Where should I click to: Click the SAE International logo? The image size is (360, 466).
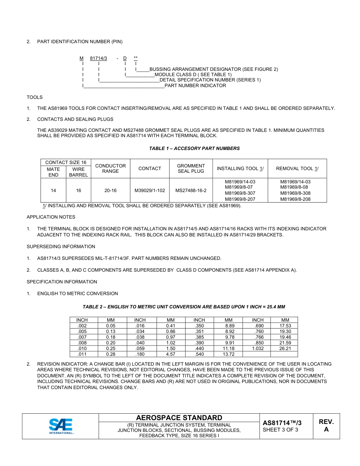coord(61,426)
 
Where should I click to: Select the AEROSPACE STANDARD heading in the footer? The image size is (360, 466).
coord(179,418)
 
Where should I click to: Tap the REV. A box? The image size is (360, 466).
coord(326,426)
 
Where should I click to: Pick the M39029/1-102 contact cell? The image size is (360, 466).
coord(150,191)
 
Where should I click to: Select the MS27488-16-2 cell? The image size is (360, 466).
coord(191,191)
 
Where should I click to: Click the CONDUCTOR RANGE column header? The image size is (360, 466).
coord(110,169)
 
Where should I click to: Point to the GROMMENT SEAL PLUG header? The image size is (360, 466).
coord(191,169)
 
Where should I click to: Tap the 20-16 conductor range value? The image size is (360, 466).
coord(110,191)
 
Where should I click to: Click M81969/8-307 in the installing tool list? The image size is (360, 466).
coord(240,193)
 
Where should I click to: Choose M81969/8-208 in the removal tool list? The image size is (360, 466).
coord(295,199)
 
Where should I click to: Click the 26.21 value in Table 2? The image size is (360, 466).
coord(285,349)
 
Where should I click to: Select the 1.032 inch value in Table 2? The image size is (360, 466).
coord(258,349)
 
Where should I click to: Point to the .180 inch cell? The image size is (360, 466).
coord(140,354)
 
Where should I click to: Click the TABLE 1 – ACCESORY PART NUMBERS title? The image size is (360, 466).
coord(194,149)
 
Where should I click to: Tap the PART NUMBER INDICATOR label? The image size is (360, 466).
coord(195,86)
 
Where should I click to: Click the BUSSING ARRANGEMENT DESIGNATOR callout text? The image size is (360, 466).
coord(213,69)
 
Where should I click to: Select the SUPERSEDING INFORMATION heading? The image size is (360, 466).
coord(61,247)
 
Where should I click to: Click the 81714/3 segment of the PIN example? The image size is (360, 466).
coord(99,58)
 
